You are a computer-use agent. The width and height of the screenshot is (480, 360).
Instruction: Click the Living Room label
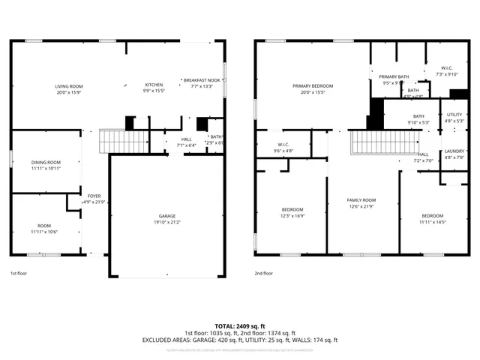click(67, 86)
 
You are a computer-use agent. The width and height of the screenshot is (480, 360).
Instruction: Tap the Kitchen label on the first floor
click(153, 85)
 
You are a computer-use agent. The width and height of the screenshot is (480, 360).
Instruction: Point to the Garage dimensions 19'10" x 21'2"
click(166, 222)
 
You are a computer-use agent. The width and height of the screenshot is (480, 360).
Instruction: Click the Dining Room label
click(45, 162)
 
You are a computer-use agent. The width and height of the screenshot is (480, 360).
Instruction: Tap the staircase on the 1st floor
click(115, 140)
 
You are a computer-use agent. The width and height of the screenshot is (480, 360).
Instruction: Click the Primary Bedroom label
click(313, 86)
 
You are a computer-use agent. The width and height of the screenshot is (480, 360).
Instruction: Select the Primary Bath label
click(393, 76)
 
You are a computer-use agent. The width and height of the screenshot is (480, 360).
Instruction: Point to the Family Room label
click(361, 199)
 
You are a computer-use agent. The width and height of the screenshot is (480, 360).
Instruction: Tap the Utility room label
click(454, 114)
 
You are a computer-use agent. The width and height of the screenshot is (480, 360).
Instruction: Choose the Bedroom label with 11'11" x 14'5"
click(432, 215)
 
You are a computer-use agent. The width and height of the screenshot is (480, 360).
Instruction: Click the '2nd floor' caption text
click(264, 274)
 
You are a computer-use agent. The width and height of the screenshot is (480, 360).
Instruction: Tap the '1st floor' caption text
click(19, 274)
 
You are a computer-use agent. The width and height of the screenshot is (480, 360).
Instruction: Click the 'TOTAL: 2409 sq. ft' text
click(240, 326)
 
